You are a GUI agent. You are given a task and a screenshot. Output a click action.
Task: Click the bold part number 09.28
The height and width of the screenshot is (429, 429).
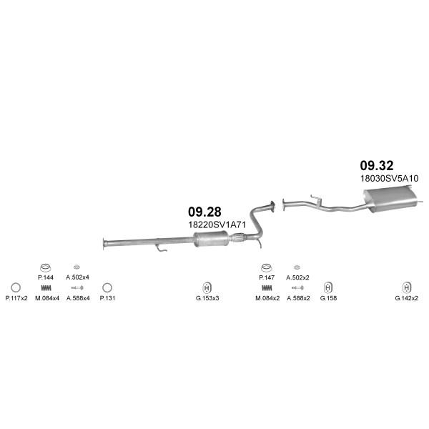click(x=204, y=212)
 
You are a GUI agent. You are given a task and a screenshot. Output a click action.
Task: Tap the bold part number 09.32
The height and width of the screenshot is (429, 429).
click(x=377, y=166)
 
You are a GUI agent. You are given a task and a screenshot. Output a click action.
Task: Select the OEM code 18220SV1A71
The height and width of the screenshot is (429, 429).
click(x=217, y=225)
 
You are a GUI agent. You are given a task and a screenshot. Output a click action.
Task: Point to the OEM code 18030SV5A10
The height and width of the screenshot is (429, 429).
click(x=390, y=178)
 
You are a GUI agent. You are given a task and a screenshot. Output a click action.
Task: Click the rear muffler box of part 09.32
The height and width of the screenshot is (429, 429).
click(x=390, y=199)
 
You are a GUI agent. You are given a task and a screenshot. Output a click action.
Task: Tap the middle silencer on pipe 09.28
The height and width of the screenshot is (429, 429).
click(x=211, y=239)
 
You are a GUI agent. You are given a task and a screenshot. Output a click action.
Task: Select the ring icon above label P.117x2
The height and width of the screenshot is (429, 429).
click(x=16, y=287)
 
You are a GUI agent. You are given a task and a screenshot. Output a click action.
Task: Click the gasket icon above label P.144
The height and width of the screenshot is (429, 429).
click(x=46, y=267)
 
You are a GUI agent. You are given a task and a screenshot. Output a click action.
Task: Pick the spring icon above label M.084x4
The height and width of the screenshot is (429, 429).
click(x=46, y=288)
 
